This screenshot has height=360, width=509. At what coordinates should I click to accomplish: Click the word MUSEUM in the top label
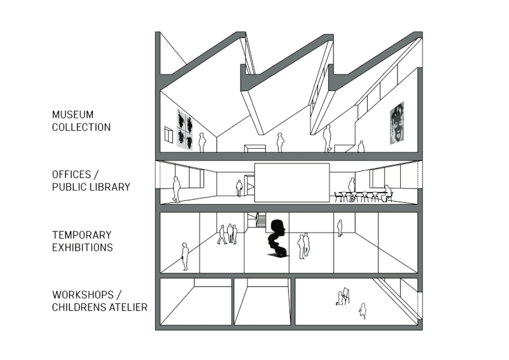point(73,114)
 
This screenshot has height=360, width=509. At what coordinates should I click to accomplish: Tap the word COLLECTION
point(81,127)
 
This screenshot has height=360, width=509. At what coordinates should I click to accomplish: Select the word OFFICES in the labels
point(71,174)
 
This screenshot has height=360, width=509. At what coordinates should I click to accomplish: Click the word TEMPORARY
point(81,235)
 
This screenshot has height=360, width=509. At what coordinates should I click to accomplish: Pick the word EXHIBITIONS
point(83,247)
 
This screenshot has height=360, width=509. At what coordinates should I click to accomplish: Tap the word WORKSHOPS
point(83,294)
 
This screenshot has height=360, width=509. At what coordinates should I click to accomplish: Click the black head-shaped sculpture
point(277,239)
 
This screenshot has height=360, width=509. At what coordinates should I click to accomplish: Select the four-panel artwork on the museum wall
point(185,129)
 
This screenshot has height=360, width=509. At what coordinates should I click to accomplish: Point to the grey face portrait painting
point(397,123)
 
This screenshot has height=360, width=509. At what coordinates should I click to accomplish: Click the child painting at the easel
point(340,299)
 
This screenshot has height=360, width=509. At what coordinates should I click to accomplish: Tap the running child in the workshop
point(363,310)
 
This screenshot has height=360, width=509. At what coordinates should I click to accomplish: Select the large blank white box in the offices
point(292,183)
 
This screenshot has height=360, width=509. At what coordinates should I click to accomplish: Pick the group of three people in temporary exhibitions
point(227,233)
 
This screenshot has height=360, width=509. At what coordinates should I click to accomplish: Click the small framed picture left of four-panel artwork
point(169,134)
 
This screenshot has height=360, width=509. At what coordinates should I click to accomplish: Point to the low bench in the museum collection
point(255,149)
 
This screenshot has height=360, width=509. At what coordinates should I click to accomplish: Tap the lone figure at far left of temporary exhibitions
point(185,256)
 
